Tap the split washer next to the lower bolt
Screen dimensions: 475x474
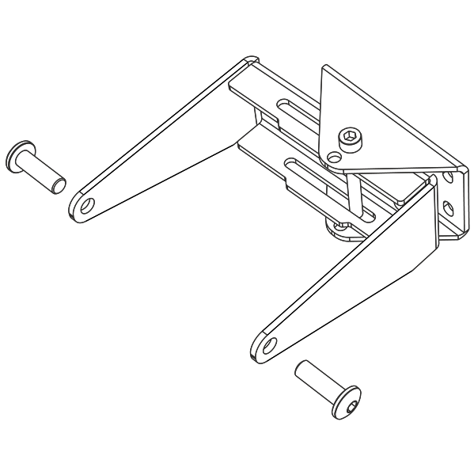[x=267, y=348]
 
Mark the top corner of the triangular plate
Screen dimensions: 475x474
[x=324, y=68]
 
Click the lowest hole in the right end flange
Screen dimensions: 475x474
[x=452, y=230]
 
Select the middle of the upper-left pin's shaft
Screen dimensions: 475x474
[x=40, y=170]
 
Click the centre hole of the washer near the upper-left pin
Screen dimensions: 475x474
[x=85, y=206]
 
